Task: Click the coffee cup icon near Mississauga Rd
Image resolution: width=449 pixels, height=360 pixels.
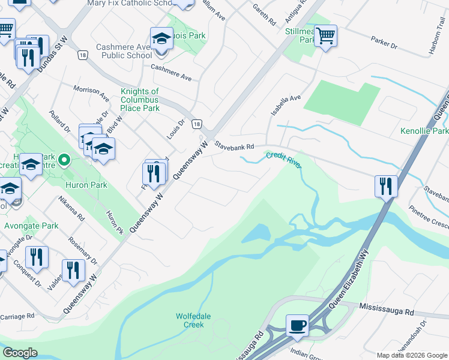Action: click(297, 325)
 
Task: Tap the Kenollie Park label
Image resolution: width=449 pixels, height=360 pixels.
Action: click(424, 131)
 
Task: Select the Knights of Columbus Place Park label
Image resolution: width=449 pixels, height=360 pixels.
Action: click(140, 100)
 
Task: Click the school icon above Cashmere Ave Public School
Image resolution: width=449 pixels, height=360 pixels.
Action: click(161, 40)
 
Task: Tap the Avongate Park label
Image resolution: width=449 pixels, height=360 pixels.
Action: click(31, 226)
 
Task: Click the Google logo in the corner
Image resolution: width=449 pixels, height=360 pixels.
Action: click(20, 353)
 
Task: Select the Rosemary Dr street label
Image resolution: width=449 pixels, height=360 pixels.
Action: click(83, 250)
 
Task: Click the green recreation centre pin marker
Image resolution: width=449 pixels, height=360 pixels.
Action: click(66, 160)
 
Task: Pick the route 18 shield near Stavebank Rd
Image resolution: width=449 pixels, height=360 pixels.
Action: click(197, 124)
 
